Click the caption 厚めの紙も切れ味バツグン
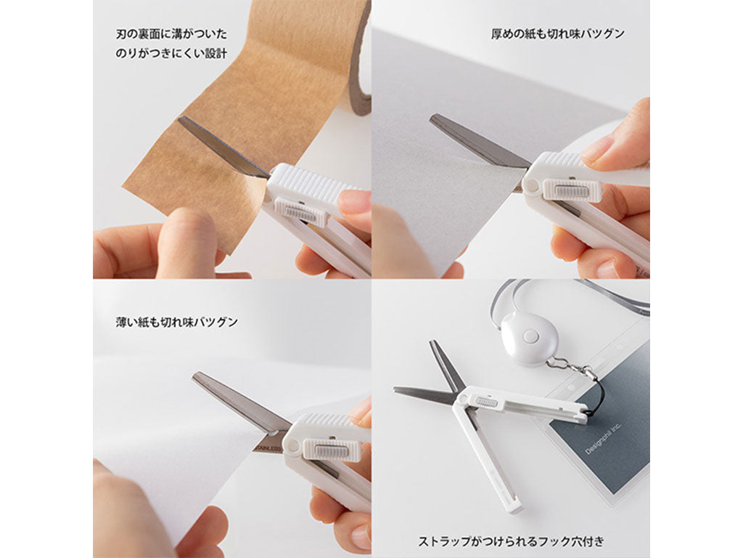(558, 34)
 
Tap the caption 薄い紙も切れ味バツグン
(177, 323)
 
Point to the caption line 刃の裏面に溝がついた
(171, 34)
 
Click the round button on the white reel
(530, 337)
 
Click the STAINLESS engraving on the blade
(268, 448)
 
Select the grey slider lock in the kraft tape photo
(300, 212)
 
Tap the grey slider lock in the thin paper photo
(331, 449)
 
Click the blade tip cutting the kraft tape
(179, 118)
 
